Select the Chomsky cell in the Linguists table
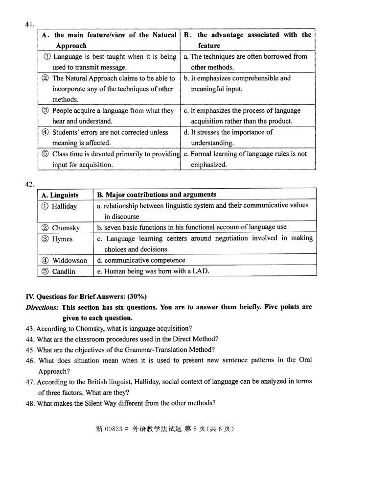pyautogui.click(x=66, y=228)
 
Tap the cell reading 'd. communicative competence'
pyautogui.click(x=141, y=261)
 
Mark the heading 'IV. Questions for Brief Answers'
pyautogui.click(x=86, y=296)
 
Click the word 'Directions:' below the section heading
pyautogui.click(x=43, y=307)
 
